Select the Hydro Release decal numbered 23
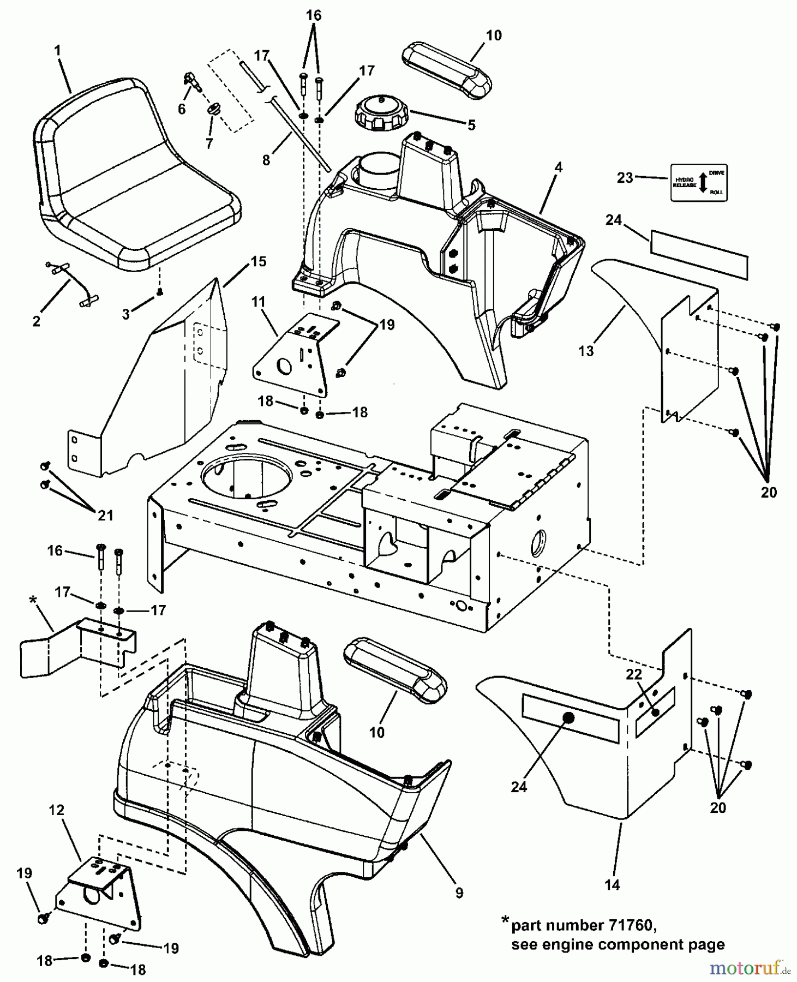click(x=699, y=182)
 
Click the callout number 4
click(x=558, y=167)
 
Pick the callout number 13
click(x=585, y=351)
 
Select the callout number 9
click(x=459, y=893)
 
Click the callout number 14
click(x=613, y=885)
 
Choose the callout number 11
click(x=257, y=302)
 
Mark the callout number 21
click(x=105, y=515)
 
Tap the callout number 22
click(x=633, y=675)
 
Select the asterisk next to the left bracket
click(x=32, y=600)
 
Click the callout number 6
click(x=182, y=109)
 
